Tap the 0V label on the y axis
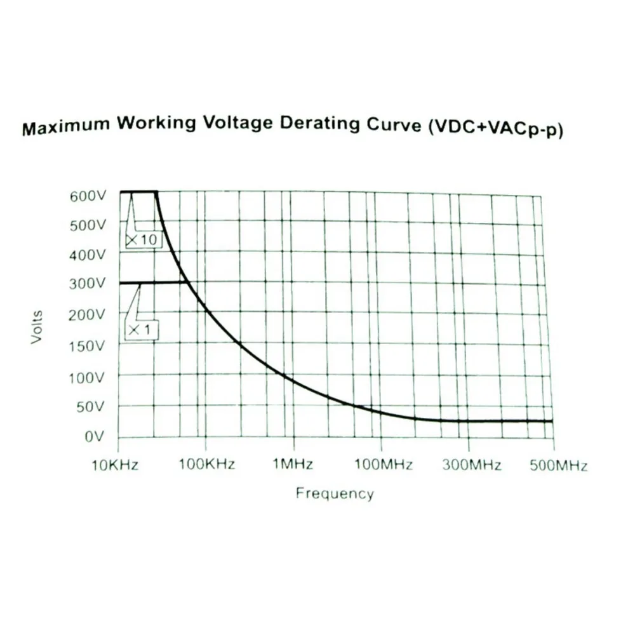pos(93,436)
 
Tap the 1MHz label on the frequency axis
pos(293,465)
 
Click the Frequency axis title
pos(335,493)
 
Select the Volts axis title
pos(37,326)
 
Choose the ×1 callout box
pos(142,330)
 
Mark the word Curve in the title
pos(394,124)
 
